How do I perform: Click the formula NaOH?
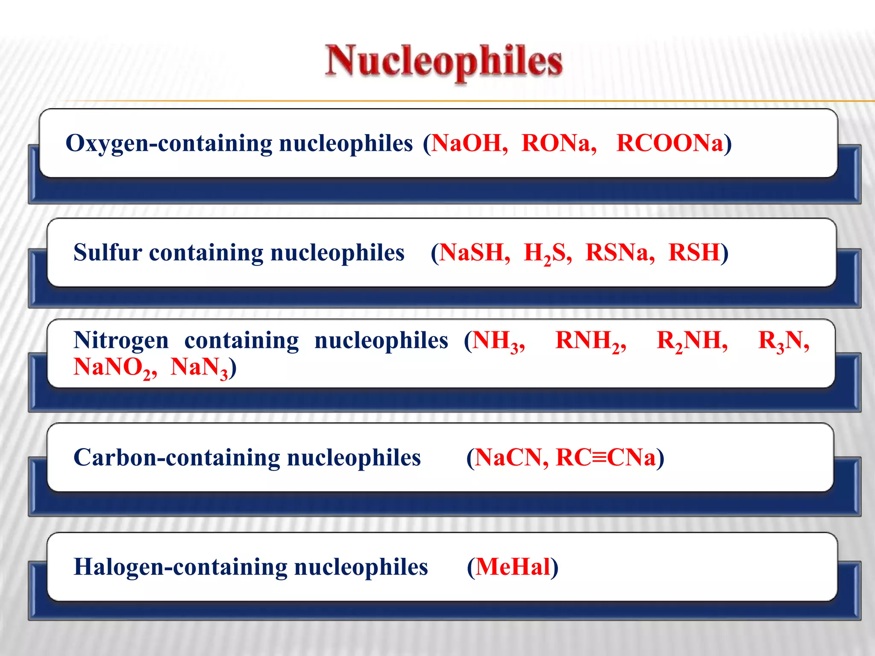click(x=467, y=143)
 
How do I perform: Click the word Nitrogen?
click(x=121, y=341)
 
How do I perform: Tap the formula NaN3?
click(x=199, y=368)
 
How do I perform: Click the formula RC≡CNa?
click(x=605, y=457)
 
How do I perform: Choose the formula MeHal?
click(x=513, y=567)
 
